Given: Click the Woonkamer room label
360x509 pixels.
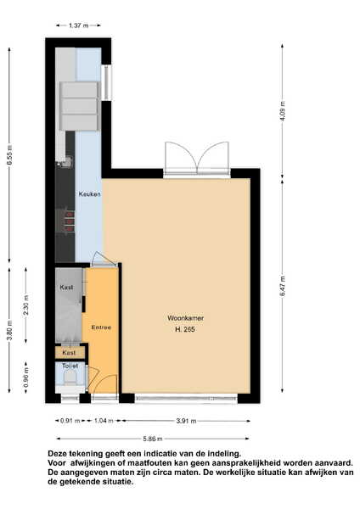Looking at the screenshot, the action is [186, 318].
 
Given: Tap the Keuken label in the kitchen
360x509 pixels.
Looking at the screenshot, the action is [90, 194].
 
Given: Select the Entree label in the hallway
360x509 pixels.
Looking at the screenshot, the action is [101, 327].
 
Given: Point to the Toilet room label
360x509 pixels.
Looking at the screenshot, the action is [70, 366].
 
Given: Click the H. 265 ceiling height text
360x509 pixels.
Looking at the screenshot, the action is [185, 329].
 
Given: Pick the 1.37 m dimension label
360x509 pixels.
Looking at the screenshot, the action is [79, 25].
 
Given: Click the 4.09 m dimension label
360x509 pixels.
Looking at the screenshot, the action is [283, 111].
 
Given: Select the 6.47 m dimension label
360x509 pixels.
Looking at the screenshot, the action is [283, 286].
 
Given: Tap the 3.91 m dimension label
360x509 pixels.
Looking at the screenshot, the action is [186, 421].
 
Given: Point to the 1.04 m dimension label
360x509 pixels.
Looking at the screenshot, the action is [104, 421].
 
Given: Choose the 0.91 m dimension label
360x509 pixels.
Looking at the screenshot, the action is [70, 421].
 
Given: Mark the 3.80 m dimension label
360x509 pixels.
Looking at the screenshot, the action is [9, 330].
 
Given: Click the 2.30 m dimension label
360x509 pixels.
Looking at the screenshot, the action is [26, 305].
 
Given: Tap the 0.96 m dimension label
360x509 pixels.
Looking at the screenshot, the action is [26, 377].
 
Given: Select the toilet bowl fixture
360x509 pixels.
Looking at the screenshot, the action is [70, 379].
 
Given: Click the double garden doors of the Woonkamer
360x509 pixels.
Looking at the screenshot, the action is [197, 159].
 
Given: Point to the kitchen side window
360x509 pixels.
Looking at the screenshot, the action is [106, 83].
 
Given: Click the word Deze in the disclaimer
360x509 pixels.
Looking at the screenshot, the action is [58, 454].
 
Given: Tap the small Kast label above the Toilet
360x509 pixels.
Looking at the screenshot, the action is [69, 353].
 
